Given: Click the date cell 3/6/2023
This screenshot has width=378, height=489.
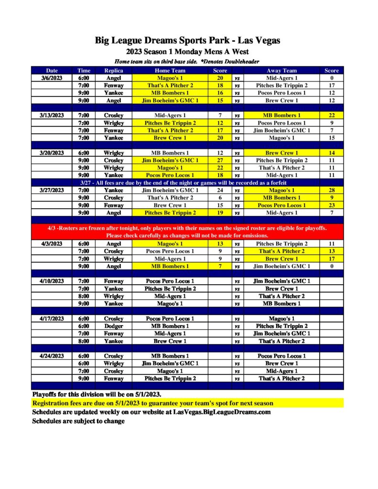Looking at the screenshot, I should click(x=52, y=78).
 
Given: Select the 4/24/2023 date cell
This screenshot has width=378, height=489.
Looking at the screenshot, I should click(x=52, y=356).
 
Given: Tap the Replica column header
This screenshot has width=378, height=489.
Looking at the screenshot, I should click(x=114, y=71).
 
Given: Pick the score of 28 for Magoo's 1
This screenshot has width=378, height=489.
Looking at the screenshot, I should click(x=331, y=190).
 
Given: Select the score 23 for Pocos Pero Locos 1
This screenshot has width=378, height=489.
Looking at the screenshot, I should click(x=331, y=205).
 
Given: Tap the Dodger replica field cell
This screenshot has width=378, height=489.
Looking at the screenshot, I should click(x=114, y=326).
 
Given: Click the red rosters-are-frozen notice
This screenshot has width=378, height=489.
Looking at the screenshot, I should click(x=187, y=232).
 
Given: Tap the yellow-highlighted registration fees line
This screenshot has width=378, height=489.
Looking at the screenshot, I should click(x=153, y=404).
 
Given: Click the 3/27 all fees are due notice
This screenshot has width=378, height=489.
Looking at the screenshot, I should click(x=187, y=182).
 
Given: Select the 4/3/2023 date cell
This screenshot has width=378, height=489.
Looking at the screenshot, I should click(x=52, y=244).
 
